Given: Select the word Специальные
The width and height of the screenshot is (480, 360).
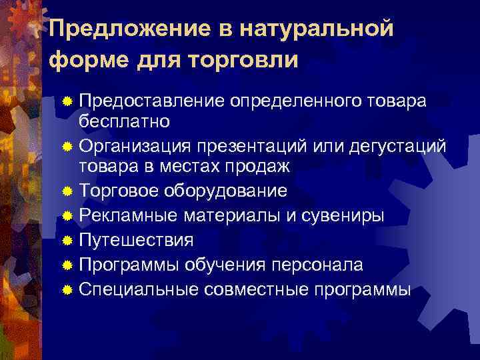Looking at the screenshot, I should (x=141, y=289).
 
